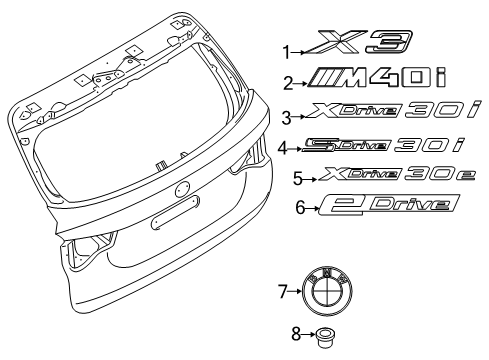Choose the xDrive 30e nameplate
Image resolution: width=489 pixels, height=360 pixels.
(385, 177)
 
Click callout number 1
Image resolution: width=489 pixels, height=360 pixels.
(285, 51)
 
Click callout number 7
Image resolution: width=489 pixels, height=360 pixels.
(281, 292)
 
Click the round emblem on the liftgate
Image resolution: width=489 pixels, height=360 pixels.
(182, 189)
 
